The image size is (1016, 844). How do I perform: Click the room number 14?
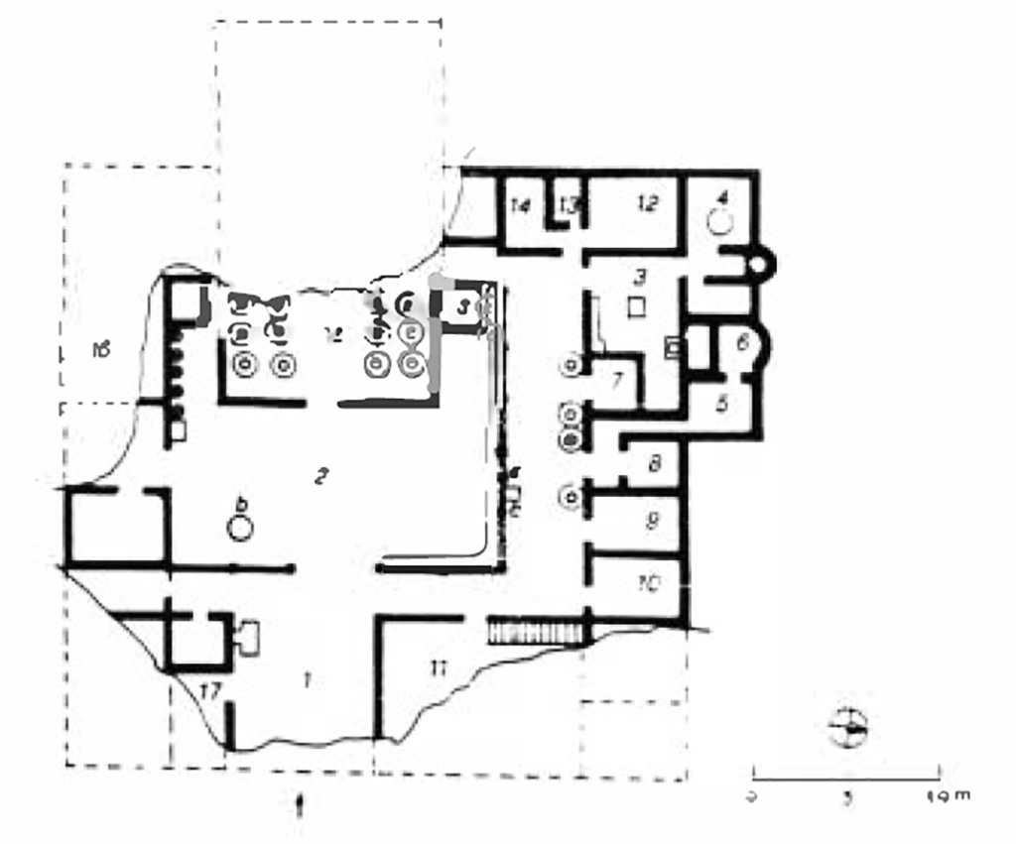(x=521, y=206)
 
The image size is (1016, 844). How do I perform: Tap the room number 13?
(x=569, y=204)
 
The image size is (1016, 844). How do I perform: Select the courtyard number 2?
(x=320, y=477)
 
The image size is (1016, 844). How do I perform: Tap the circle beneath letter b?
(x=239, y=528)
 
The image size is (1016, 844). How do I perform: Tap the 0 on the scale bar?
(x=753, y=795)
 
